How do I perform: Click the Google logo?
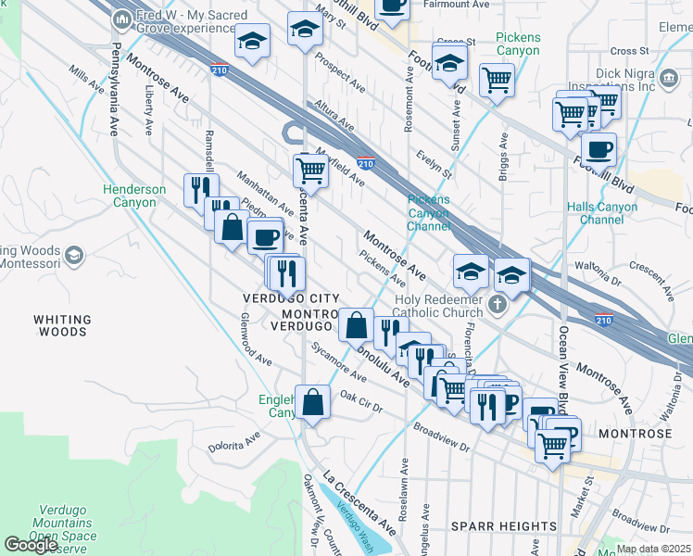(x=31, y=545)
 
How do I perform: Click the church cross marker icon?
(x=498, y=305)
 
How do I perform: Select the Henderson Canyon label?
(x=134, y=196)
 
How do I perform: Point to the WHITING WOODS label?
(x=62, y=324)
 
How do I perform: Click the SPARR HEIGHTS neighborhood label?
(x=503, y=526)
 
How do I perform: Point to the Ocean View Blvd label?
(x=562, y=371)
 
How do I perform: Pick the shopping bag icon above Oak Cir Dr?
(x=314, y=402)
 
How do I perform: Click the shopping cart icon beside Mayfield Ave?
(x=310, y=171)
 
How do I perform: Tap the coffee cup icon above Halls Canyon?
(x=598, y=148)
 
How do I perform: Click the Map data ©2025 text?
(x=654, y=549)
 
